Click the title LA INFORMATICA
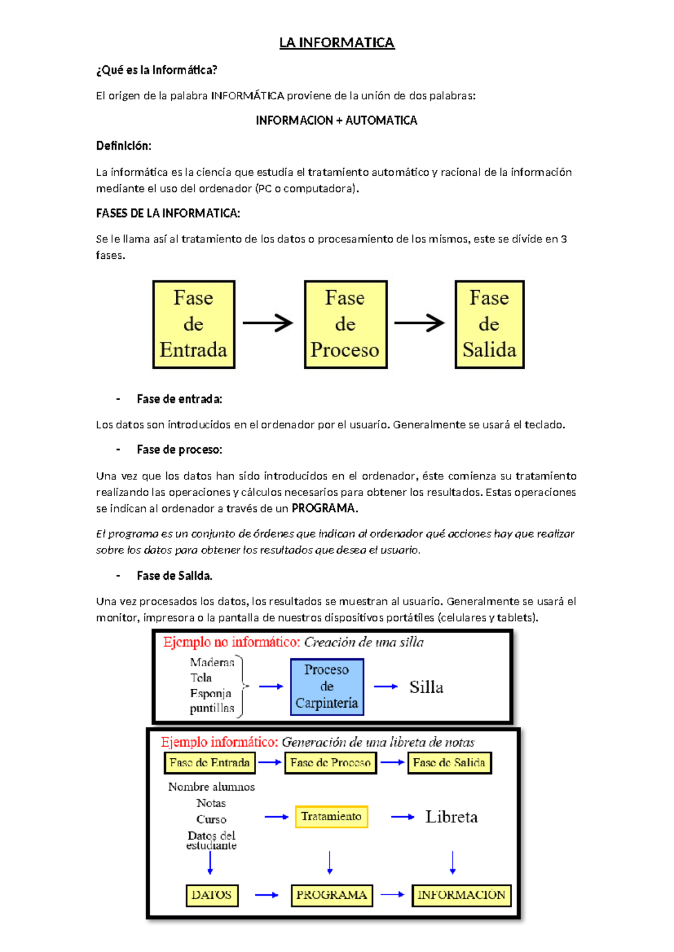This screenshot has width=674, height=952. click(x=337, y=43)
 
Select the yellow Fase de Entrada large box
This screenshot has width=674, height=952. click(x=194, y=324)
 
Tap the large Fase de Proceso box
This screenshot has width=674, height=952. click(x=345, y=324)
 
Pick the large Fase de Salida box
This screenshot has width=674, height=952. click(x=489, y=324)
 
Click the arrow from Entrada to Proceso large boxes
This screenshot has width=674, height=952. click(x=268, y=323)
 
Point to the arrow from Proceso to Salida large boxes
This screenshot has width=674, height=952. click(x=420, y=323)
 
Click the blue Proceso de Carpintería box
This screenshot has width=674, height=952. click(x=327, y=686)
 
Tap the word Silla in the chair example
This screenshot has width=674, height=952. click(x=426, y=687)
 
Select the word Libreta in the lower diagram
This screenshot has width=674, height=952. click(x=451, y=817)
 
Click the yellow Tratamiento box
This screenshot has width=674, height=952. click(x=331, y=816)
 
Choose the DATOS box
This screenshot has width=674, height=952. click(x=212, y=895)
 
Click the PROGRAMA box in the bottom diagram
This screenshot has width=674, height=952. click(x=331, y=895)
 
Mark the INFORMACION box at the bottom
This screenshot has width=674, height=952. click(x=461, y=895)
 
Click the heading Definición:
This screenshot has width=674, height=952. click(x=124, y=146)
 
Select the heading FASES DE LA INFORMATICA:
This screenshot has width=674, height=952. click(x=168, y=213)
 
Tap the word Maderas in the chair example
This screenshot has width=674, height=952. click(x=212, y=662)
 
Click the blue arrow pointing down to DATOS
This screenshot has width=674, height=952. click(x=211, y=863)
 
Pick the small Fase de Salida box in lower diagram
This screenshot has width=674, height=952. click(x=449, y=762)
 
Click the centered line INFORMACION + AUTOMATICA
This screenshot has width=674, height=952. click(x=336, y=120)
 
